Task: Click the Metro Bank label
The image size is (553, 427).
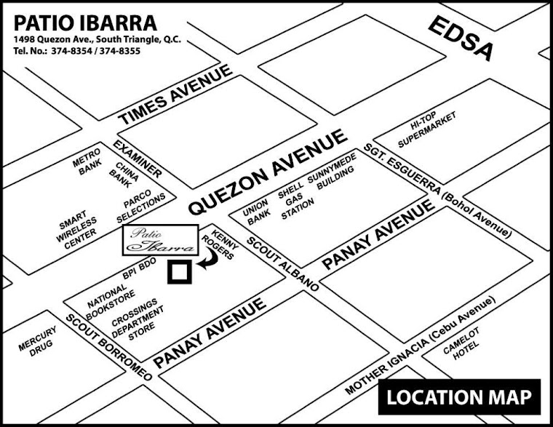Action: click(x=87, y=166)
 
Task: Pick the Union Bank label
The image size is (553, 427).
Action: click(x=256, y=212)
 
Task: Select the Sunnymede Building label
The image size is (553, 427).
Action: click(x=331, y=177)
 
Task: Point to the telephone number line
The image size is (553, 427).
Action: click(x=76, y=52)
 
